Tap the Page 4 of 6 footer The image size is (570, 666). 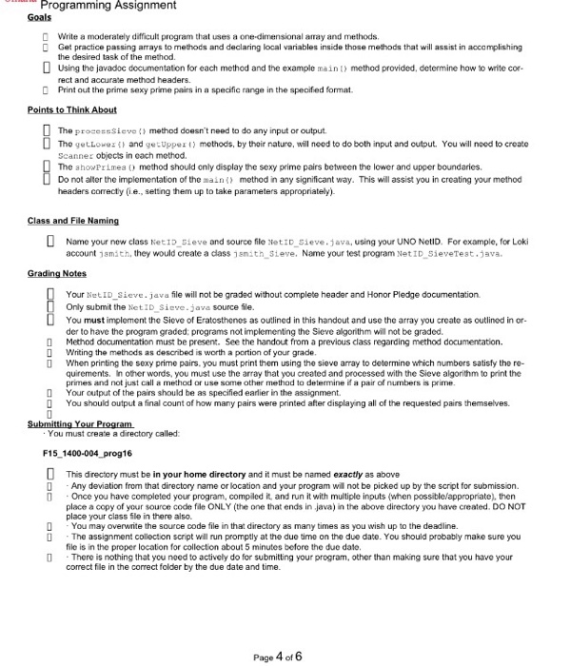(x=279, y=631)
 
